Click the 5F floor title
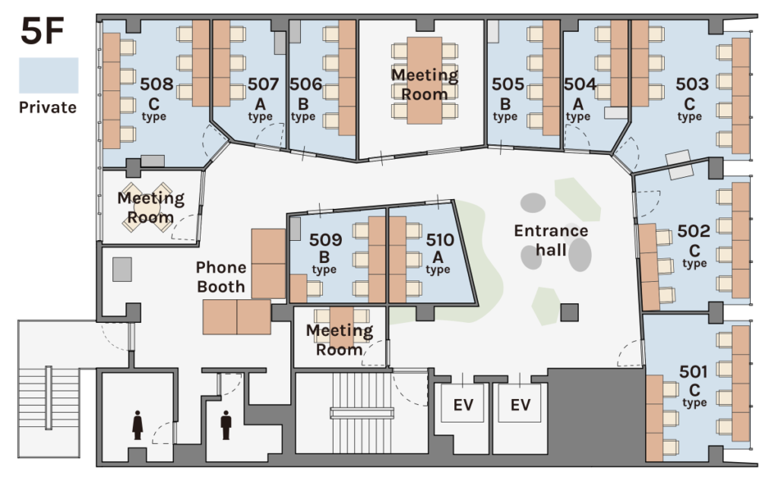43,31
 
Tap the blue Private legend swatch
49,75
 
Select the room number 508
157,84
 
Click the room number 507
263,84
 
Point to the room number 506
305,84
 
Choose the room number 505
508,84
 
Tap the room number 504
580,84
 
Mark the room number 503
692,84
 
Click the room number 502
694,231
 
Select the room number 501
693,372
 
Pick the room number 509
325,240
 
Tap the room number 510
440,240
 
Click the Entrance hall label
551,240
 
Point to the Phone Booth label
221,277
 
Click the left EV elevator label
463,405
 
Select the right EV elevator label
520,405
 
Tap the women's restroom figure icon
138,425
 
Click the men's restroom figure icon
226,425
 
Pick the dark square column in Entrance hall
570,313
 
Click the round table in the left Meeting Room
147,207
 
